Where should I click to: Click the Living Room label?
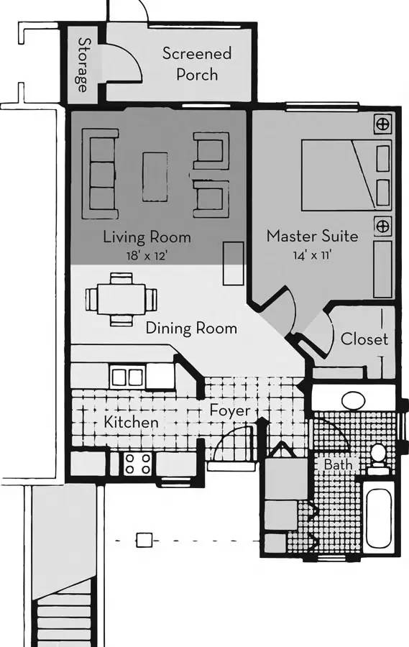pyautogui.click(x=147, y=237)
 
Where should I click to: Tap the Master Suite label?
pyautogui.click(x=312, y=236)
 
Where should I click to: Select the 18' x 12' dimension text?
pyautogui.click(x=147, y=254)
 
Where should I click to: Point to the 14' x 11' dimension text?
pyautogui.click(x=312, y=254)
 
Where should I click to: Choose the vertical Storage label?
pyautogui.click(x=83, y=65)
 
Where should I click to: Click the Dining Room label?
pyautogui.click(x=191, y=329)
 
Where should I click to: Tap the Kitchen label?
pyautogui.click(x=131, y=422)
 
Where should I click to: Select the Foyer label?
pyautogui.click(x=230, y=411)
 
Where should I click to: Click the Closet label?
pyautogui.click(x=364, y=339)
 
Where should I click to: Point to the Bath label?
pyautogui.click(x=337, y=465)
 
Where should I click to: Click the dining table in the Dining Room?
pyautogui.click(x=120, y=298)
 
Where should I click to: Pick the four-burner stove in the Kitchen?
pyautogui.click(x=137, y=464)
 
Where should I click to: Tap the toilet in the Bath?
pyautogui.click(x=377, y=458)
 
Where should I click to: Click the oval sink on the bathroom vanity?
pyautogui.click(x=353, y=399)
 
